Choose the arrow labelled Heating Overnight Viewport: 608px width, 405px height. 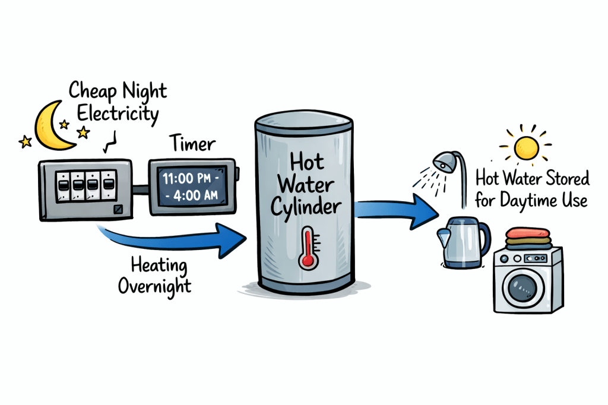click(x=178, y=238)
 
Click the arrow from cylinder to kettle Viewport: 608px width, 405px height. click(x=392, y=212)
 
